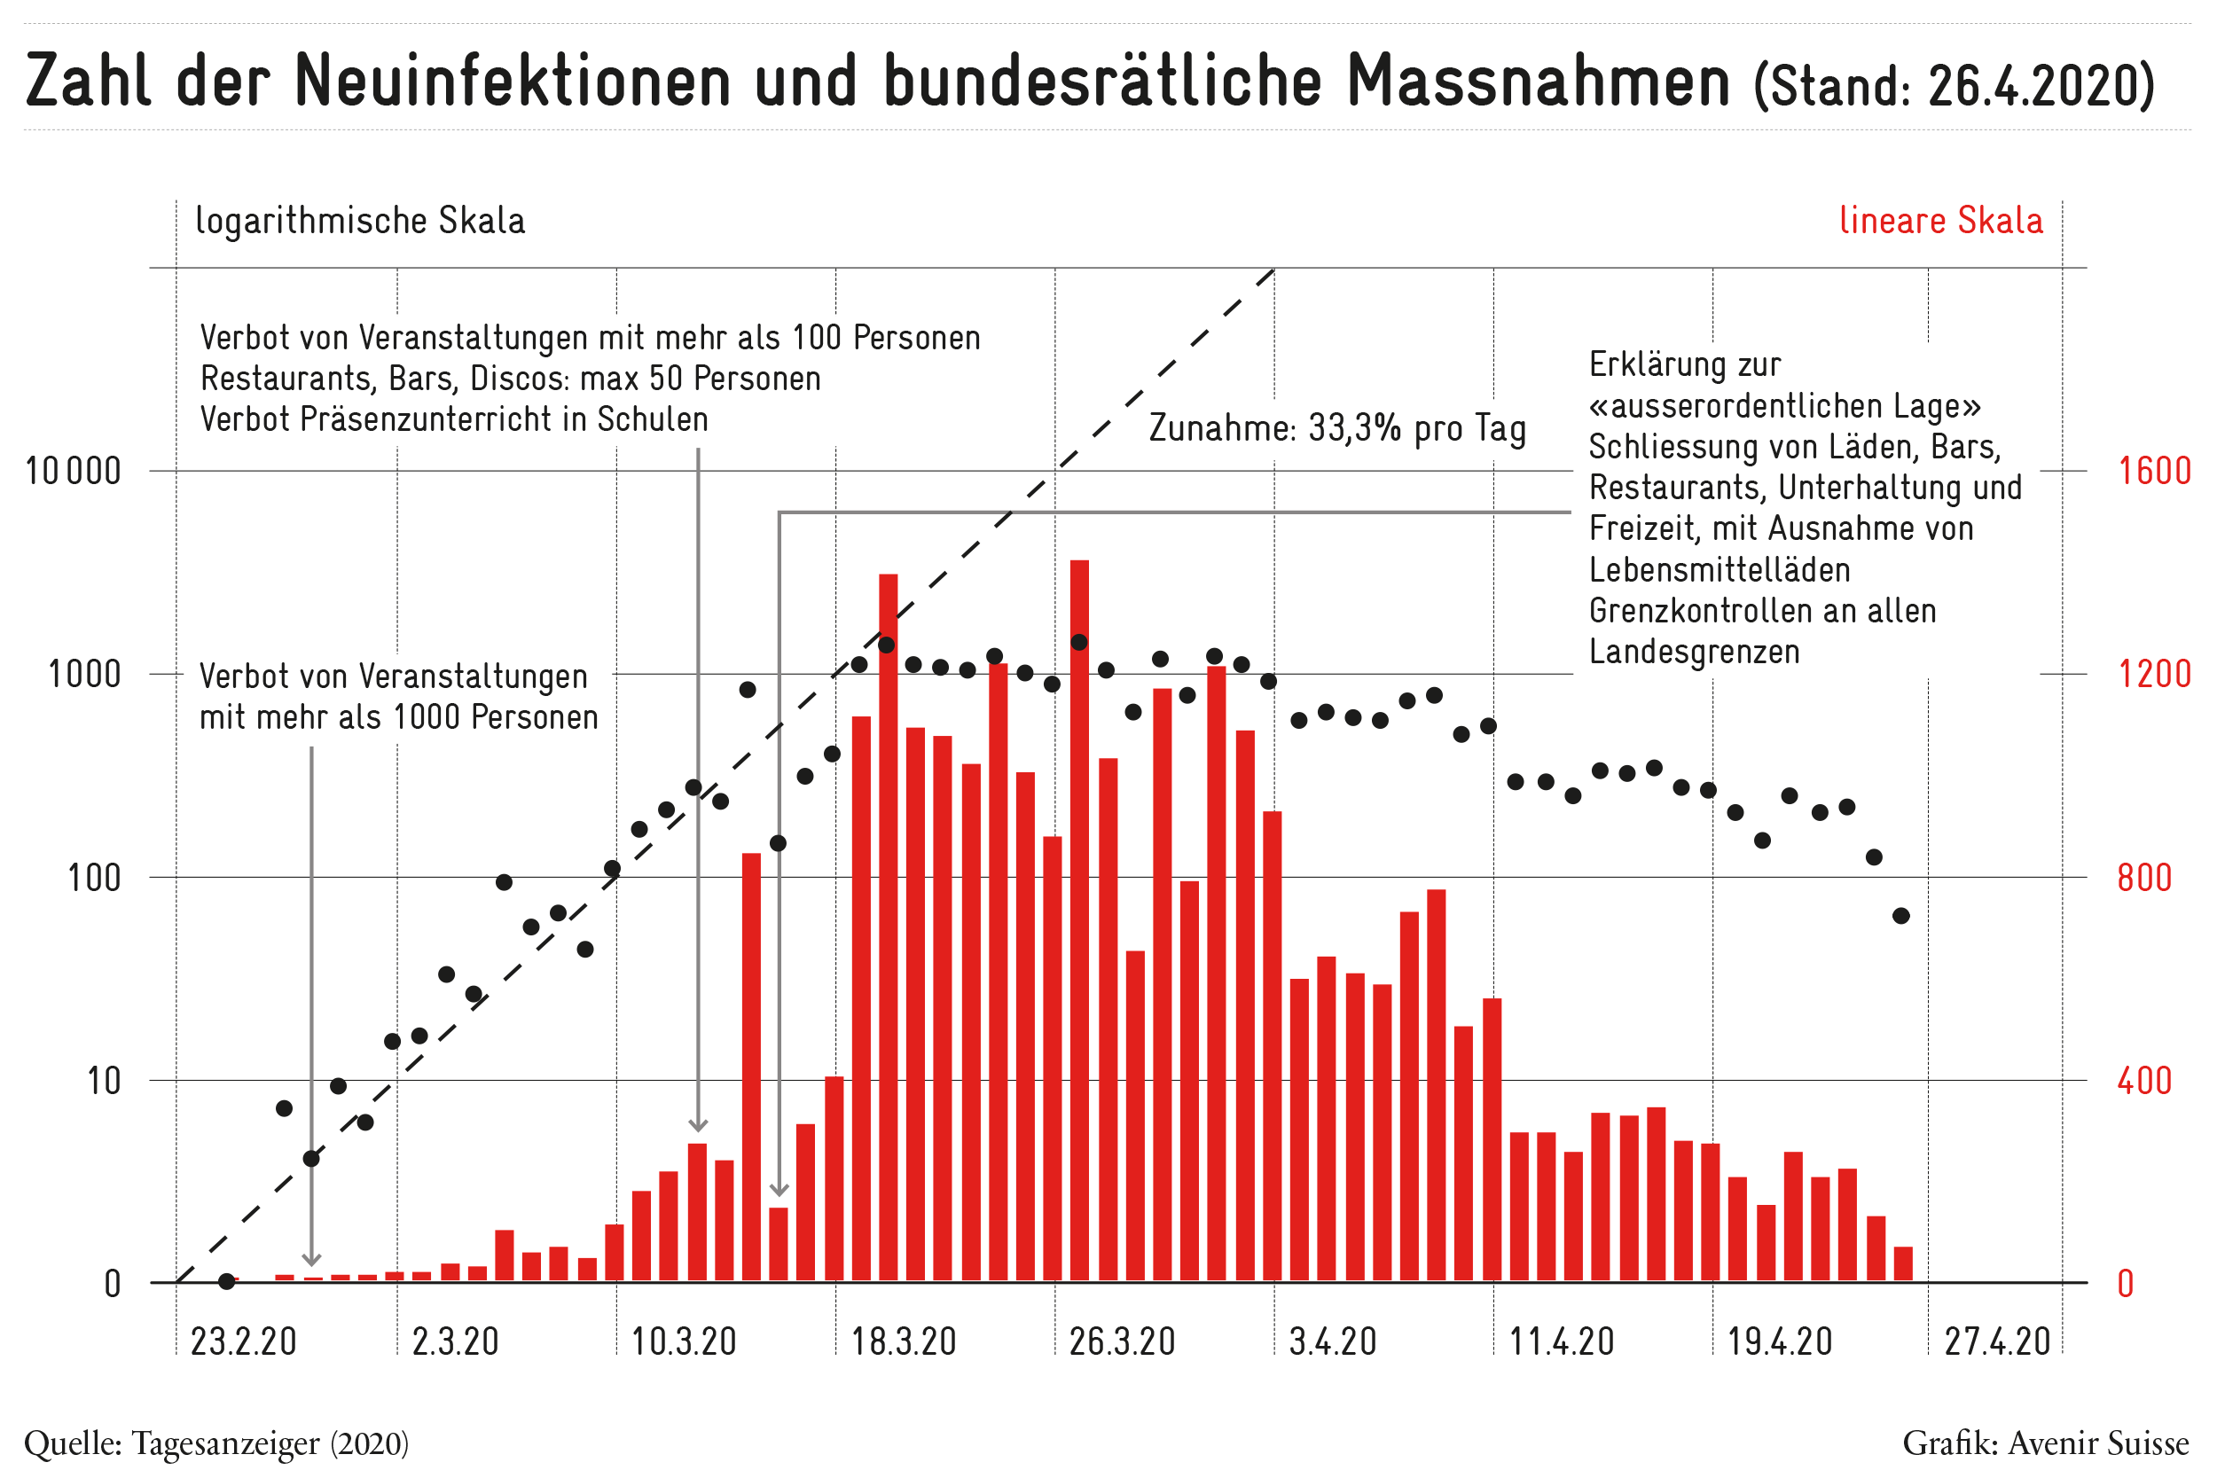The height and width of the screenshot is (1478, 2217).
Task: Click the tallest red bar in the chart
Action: [1079, 921]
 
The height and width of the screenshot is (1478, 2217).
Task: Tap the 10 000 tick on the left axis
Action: [74, 472]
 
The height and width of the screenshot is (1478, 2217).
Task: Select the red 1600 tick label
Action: [2155, 471]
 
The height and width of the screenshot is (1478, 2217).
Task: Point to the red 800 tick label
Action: [2144, 878]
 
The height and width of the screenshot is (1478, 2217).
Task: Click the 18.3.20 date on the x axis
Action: [904, 1341]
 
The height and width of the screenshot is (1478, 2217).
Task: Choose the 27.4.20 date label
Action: [1997, 1341]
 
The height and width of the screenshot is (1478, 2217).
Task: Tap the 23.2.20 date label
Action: [244, 1341]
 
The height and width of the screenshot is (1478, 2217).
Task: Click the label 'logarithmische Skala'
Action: [360, 221]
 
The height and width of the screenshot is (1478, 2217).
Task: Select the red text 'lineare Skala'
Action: [1941, 220]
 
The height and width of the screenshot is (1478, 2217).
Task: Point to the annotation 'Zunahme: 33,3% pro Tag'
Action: [1337, 428]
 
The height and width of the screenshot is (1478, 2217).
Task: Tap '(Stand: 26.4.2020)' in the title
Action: [1954, 85]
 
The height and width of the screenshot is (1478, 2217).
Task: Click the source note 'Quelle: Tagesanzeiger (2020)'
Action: [216, 1443]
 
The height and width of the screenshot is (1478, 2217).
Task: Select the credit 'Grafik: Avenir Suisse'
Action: [2046, 1443]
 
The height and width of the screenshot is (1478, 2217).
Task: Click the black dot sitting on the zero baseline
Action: [226, 1281]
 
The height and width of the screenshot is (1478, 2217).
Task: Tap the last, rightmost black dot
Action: [1901, 916]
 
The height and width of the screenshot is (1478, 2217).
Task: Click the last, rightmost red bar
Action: [1903, 1264]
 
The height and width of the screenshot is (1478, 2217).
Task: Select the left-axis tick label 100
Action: [94, 878]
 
